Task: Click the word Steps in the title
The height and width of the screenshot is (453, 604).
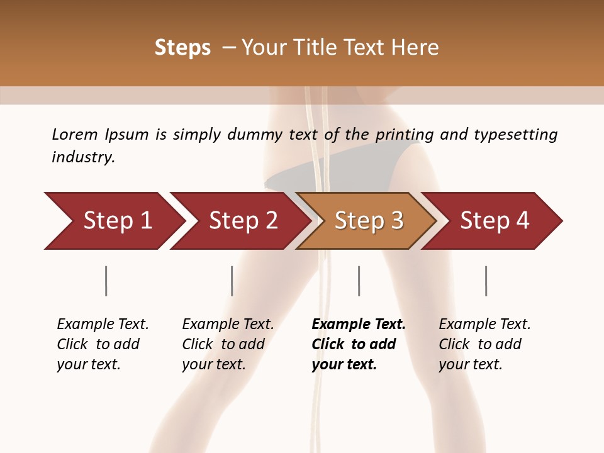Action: click(182, 48)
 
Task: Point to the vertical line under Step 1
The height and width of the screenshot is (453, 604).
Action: click(106, 281)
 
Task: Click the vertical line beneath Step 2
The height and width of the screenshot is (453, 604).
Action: click(232, 281)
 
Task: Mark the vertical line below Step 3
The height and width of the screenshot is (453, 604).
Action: click(359, 281)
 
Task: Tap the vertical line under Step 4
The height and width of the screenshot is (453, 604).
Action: click(486, 281)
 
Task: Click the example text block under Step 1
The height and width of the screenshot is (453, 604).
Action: click(103, 344)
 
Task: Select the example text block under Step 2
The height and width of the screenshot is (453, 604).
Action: click(228, 344)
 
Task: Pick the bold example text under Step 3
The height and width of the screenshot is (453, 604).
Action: click(359, 344)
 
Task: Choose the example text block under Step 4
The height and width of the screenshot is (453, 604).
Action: click(484, 344)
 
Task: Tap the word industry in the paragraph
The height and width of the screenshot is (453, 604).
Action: click(83, 157)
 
